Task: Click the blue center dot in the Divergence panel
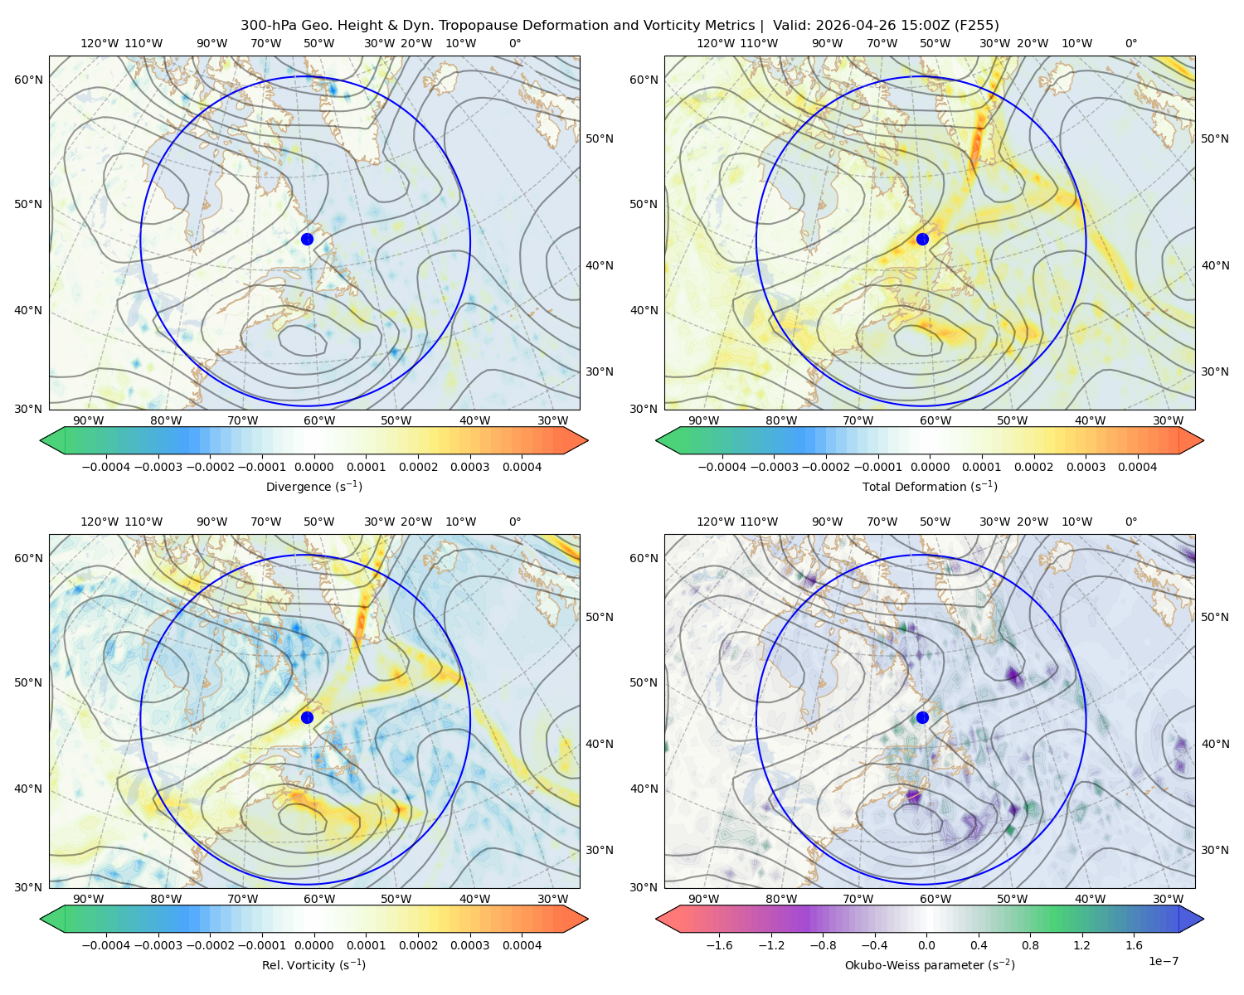point(307,239)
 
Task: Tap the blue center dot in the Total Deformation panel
point(922,239)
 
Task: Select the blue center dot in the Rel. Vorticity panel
point(307,717)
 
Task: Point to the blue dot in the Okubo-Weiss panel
point(922,717)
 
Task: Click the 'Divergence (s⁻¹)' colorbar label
point(313,486)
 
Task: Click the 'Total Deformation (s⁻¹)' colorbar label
point(930,486)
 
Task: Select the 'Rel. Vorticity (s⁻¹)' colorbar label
point(313,964)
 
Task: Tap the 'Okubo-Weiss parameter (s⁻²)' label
point(930,964)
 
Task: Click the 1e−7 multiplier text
point(1163,961)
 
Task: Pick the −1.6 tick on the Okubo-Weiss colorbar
point(719,944)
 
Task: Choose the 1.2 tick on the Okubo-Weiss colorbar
point(1081,944)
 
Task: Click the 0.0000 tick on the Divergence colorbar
point(313,467)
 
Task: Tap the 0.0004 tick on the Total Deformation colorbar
point(1137,467)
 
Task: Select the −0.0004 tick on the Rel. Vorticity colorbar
point(106,944)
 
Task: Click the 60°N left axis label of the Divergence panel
point(28,80)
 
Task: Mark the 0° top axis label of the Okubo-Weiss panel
point(1130,521)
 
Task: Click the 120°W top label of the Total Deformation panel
point(716,43)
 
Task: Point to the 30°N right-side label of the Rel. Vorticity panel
point(600,849)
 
